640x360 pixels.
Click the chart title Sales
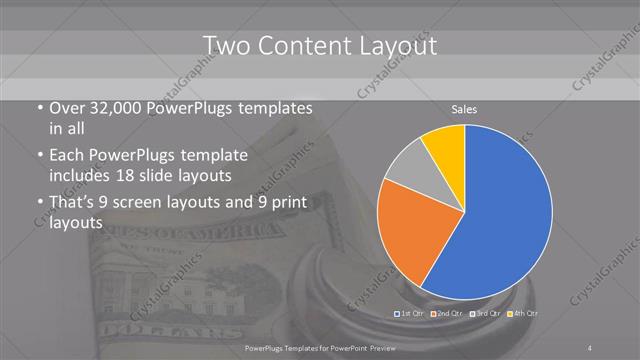click(465, 108)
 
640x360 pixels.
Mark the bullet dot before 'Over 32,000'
click(38, 108)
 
